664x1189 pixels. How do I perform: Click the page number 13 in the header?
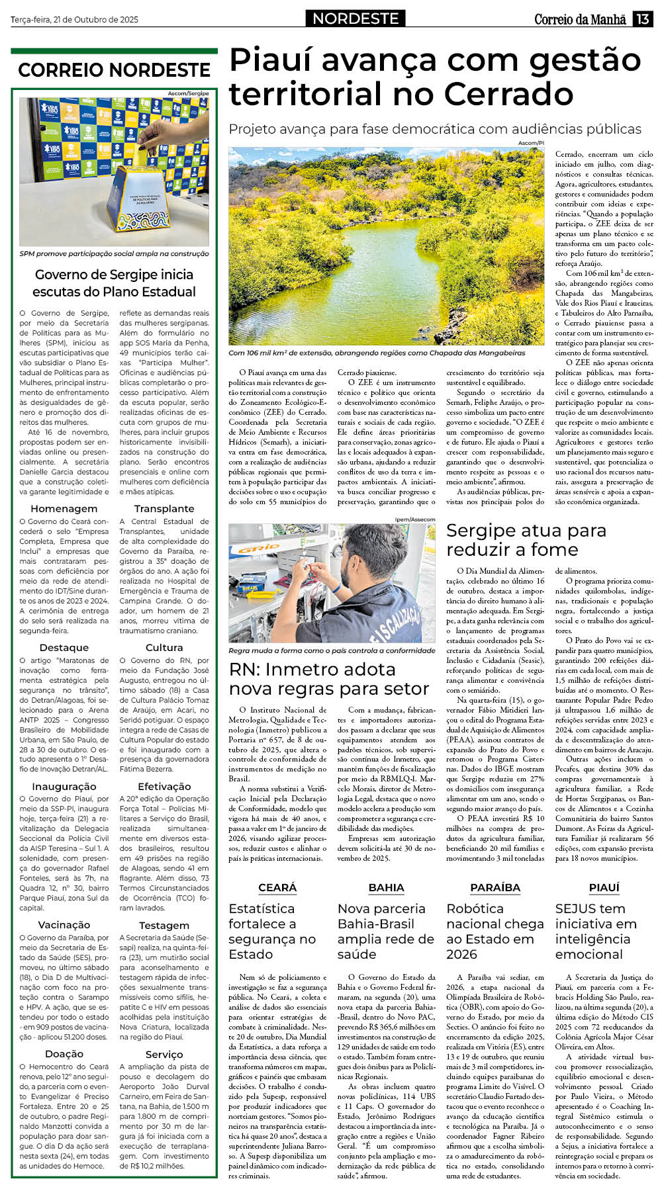click(x=643, y=19)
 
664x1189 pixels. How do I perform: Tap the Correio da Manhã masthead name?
click(x=580, y=19)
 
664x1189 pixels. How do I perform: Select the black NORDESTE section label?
click(x=356, y=19)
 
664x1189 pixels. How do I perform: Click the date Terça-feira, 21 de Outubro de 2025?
click(x=74, y=20)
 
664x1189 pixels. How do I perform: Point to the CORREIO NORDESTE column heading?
click(x=114, y=70)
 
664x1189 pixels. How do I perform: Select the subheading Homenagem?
click(x=64, y=509)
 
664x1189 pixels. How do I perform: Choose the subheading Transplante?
click(x=164, y=509)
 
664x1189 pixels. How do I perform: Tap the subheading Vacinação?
click(x=64, y=925)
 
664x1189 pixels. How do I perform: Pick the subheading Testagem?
click(x=164, y=926)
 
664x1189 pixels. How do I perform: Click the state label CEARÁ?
click(x=277, y=888)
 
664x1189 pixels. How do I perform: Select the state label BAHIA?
click(x=386, y=888)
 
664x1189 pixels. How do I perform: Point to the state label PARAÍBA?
click(x=495, y=888)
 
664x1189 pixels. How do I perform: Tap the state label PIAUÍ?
click(x=604, y=888)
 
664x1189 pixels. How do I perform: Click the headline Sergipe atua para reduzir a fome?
click(x=526, y=540)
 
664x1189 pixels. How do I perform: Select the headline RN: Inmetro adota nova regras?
click(x=329, y=679)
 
